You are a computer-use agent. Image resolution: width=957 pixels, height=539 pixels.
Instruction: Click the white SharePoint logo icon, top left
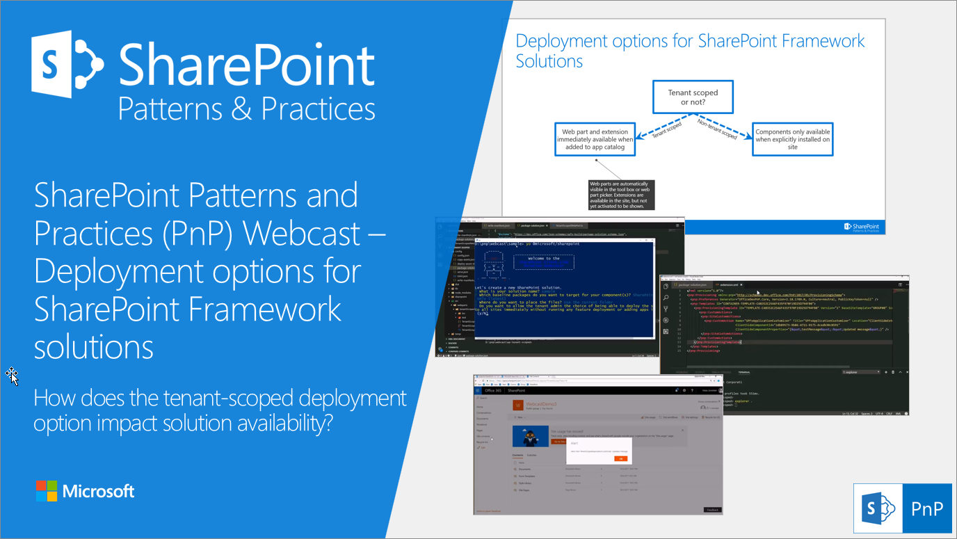(x=67, y=64)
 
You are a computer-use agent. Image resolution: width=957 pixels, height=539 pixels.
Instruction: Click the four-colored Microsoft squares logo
(x=46, y=491)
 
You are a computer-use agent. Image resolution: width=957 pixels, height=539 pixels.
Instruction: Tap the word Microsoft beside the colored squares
(x=98, y=492)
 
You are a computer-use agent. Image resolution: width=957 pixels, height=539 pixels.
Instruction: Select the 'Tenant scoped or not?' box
(x=693, y=97)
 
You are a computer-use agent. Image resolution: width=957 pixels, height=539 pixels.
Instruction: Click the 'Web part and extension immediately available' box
(x=595, y=139)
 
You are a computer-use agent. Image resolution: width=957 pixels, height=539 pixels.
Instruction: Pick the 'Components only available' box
(x=792, y=139)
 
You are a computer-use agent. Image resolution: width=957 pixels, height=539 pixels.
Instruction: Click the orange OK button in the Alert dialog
(x=620, y=458)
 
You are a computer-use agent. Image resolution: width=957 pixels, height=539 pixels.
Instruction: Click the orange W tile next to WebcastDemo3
(x=517, y=405)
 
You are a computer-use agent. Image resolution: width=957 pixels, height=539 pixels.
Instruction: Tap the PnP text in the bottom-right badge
(x=928, y=508)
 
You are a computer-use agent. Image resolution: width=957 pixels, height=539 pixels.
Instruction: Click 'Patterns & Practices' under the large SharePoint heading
(x=247, y=109)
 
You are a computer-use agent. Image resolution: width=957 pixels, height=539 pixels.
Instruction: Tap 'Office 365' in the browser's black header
(x=492, y=391)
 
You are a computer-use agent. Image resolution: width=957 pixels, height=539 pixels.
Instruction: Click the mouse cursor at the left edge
(x=12, y=376)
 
